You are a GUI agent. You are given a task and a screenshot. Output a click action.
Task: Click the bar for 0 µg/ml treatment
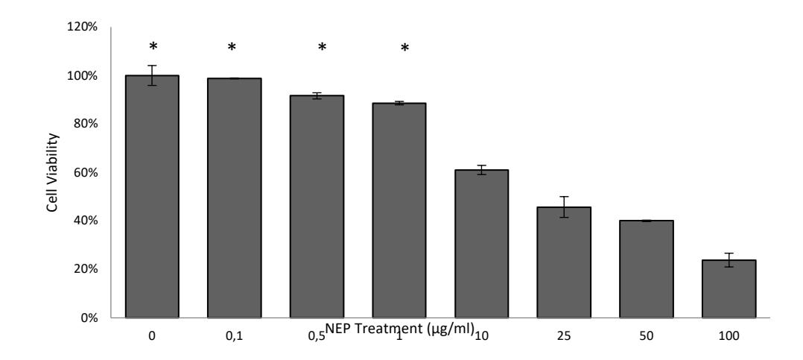(x=152, y=197)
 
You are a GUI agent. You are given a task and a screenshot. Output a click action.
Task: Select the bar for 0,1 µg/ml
(x=234, y=198)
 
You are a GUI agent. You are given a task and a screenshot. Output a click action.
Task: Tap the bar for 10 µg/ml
(x=481, y=244)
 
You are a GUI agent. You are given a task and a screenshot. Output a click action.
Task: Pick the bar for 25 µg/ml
(x=564, y=262)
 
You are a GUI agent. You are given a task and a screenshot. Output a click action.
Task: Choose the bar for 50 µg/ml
(x=647, y=269)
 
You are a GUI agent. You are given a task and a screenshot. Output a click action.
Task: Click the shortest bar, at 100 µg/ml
(x=729, y=288)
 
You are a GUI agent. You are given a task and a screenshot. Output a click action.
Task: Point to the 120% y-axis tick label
(x=82, y=27)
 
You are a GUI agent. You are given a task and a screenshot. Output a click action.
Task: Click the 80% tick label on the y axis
(x=84, y=124)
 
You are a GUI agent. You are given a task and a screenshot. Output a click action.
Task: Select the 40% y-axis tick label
(x=84, y=221)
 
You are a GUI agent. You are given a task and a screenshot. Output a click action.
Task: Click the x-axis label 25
(x=564, y=336)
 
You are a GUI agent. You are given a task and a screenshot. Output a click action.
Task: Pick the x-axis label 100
(x=729, y=336)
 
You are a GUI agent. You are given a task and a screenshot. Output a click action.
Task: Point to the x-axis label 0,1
(x=234, y=337)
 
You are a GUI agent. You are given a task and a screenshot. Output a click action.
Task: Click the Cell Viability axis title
(x=52, y=173)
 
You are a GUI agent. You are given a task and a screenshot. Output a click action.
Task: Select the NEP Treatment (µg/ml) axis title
(x=399, y=329)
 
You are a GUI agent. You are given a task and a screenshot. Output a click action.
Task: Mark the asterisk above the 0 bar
(x=153, y=47)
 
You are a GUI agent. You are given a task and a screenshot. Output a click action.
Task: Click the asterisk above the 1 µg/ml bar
(x=404, y=48)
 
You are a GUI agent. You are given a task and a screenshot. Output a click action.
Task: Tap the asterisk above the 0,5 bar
(x=322, y=48)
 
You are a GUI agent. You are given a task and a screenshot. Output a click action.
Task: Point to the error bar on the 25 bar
(x=564, y=207)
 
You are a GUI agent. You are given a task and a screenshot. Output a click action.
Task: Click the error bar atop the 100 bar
(x=729, y=260)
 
